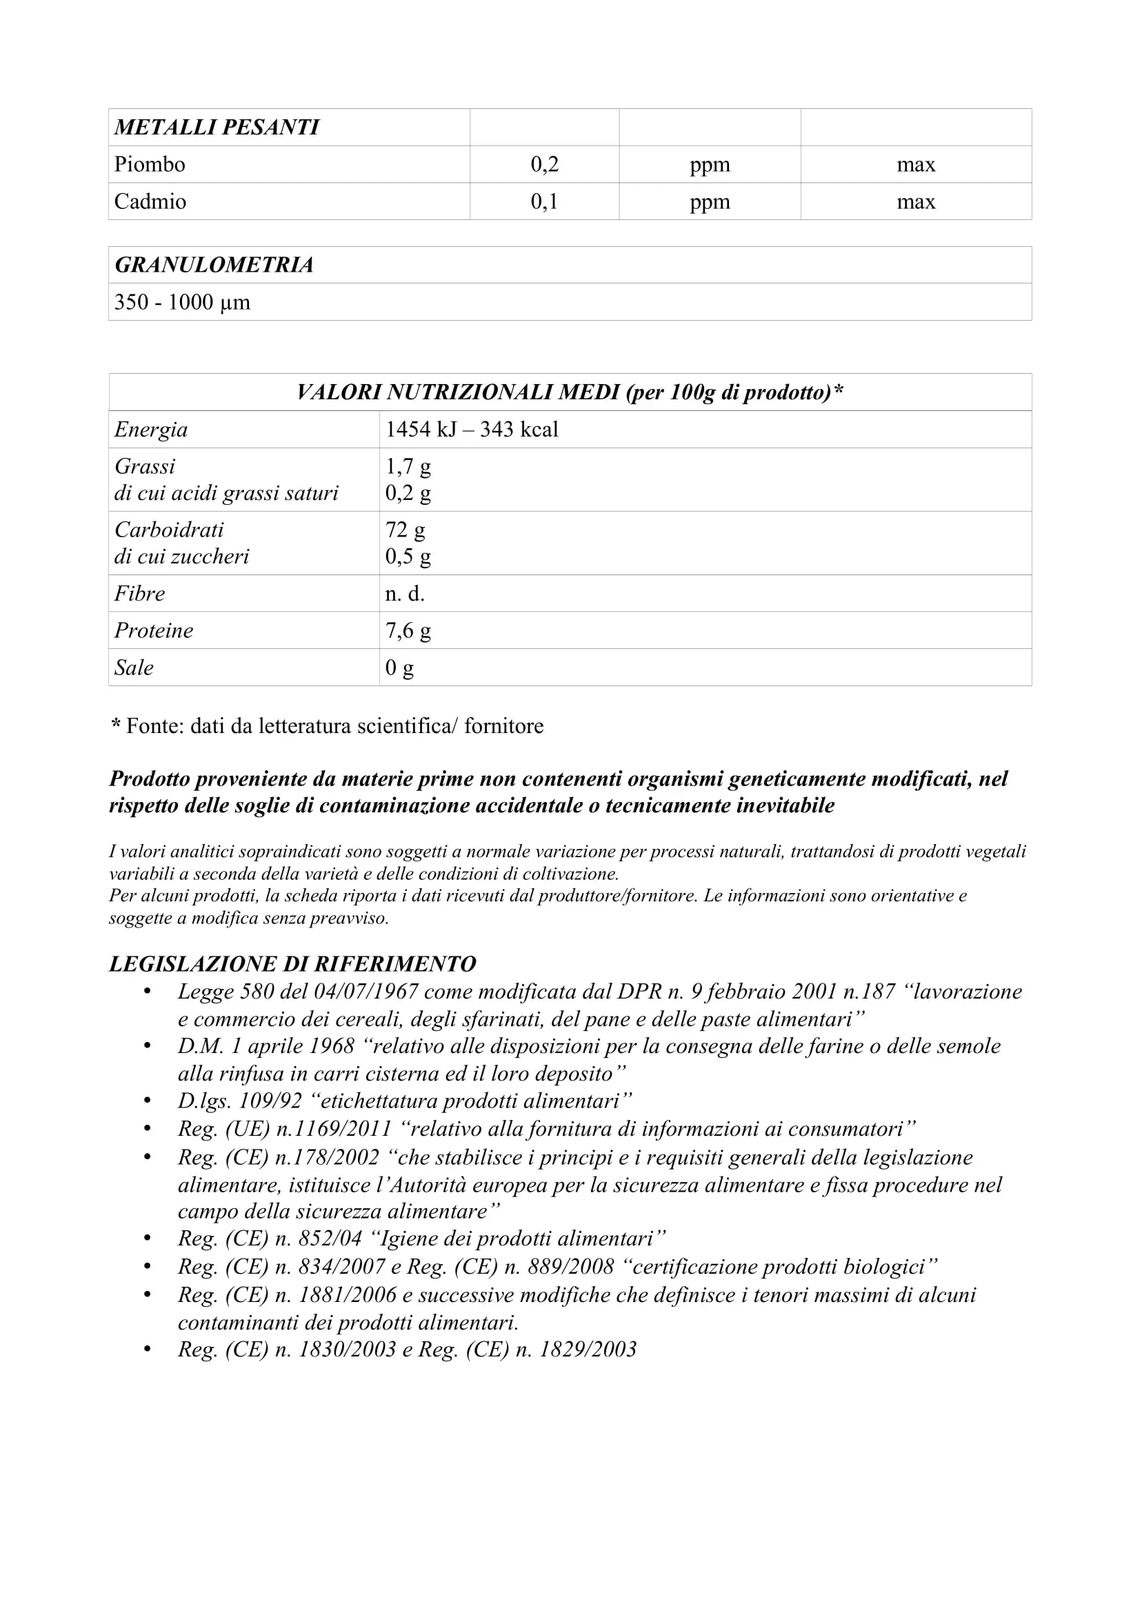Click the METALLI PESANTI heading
click(x=217, y=127)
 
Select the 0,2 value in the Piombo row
click(x=544, y=164)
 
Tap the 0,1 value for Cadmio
click(x=544, y=201)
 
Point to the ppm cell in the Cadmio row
click(x=710, y=201)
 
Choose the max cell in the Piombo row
click(x=916, y=164)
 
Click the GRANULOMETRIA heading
click(x=214, y=265)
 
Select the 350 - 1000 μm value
click(x=182, y=302)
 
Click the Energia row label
click(x=151, y=429)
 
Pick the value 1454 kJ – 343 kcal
click(x=471, y=429)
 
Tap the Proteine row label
click(x=154, y=630)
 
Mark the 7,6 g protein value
click(x=408, y=630)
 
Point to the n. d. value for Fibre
click(x=405, y=594)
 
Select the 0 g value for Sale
click(x=400, y=668)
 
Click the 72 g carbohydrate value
click(x=406, y=530)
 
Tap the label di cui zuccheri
click(x=182, y=557)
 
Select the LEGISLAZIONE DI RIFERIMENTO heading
click(x=292, y=964)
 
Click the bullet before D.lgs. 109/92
click(x=148, y=1101)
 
